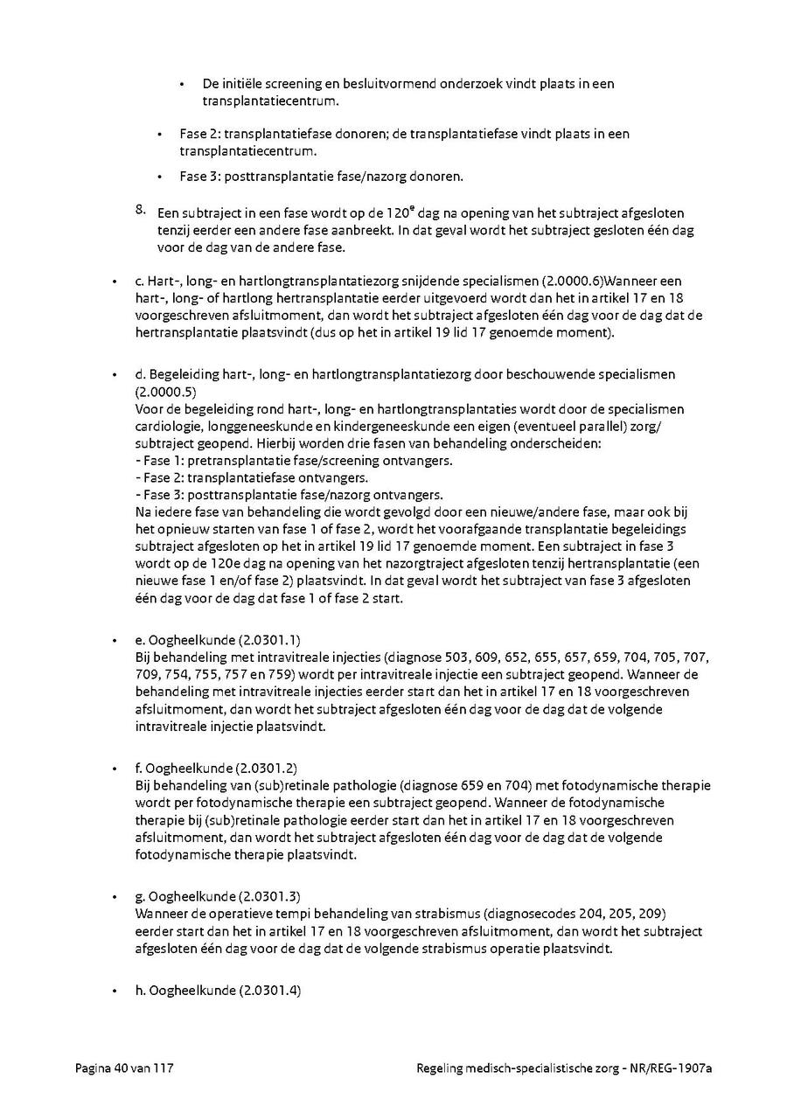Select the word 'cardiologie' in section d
[168, 427]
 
